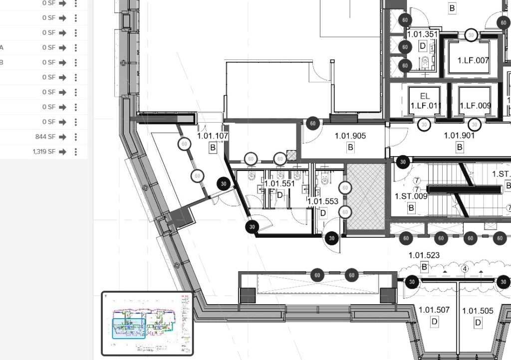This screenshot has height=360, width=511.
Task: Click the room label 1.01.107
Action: [x=213, y=136]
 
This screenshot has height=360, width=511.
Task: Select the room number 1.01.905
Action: [x=350, y=136]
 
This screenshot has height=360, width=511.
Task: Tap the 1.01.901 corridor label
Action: [x=459, y=136]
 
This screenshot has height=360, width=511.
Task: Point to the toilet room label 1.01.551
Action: [x=279, y=183]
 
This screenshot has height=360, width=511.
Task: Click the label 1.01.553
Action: [x=323, y=201]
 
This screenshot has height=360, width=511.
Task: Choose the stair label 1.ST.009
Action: [x=411, y=196]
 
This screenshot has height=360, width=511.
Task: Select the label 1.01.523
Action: [x=424, y=256]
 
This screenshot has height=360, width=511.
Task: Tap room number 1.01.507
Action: [x=434, y=310]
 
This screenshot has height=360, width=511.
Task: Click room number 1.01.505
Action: [x=478, y=311]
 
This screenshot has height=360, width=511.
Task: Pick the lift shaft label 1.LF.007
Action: [x=474, y=60]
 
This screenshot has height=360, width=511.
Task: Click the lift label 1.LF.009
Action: [x=475, y=106]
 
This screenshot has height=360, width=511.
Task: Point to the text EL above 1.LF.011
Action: [x=425, y=96]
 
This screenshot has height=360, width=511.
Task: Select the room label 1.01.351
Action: [x=423, y=34]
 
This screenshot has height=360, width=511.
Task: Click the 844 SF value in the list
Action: [x=45, y=137]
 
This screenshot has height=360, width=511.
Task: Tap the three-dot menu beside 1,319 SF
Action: [x=75, y=152]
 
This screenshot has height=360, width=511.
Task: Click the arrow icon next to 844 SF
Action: [x=62, y=137]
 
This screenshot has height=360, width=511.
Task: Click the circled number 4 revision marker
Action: [x=465, y=269]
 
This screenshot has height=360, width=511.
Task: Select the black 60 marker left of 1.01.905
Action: [x=312, y=124]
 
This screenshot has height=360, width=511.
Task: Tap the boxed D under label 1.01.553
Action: [x=323, y=213]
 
